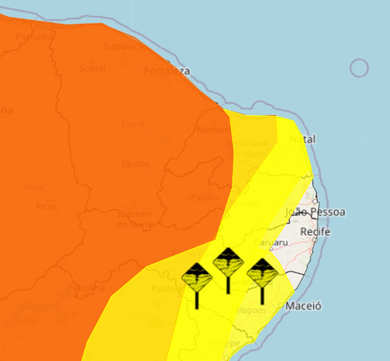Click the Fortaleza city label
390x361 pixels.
click(167, 71)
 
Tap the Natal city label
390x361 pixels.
click(302, 140)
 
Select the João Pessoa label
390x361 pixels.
click(315, 212)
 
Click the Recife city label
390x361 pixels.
click(315, 232)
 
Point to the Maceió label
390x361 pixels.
click(303, 306)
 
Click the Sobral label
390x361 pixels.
click(93, 68)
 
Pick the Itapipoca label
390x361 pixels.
click(123, 47)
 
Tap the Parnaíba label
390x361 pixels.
click(34, 37)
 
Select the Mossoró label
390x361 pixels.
click(214, 130)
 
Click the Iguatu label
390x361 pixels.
click(135, 164)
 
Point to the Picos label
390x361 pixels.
click(47, 206)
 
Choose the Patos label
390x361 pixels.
click(202, 197)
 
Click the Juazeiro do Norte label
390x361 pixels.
click(135, 219)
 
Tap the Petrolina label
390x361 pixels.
click(86, 288)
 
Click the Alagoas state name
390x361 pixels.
click(251, 310)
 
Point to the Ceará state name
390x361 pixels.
click(133, 124)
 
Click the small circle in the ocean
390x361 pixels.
click(359, 68)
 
